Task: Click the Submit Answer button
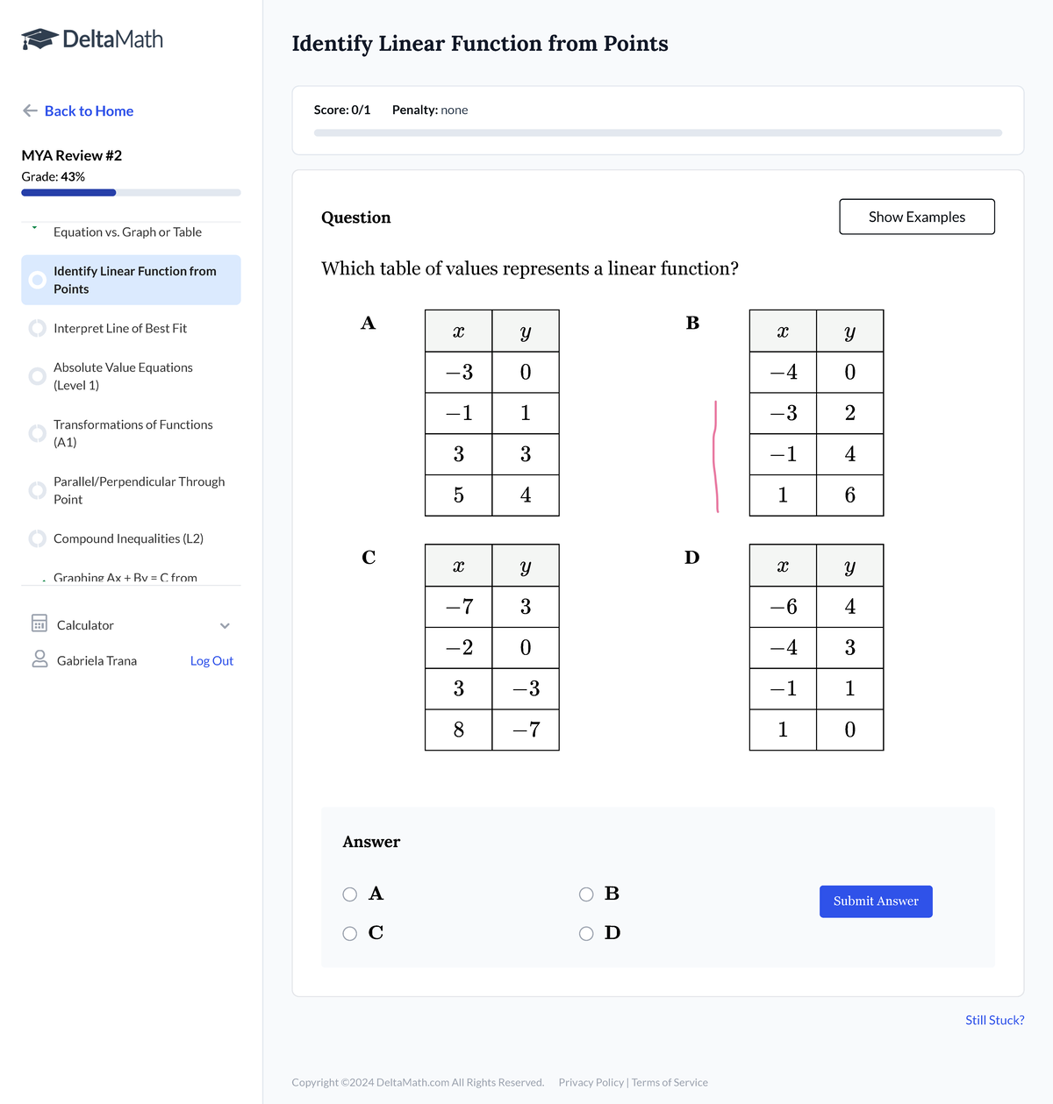(875, 901)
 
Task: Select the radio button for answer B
(586, 894)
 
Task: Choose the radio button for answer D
(586, 934)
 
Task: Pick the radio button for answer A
(350, 894)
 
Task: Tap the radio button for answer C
(350, 934)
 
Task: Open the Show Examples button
(916, 217)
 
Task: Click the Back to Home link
(89, 110)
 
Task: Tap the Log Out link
(211, 661)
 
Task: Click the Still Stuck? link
(994, 1020)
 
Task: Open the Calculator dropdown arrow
(225, 625)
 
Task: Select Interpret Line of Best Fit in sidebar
(120, 328)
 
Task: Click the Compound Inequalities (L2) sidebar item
(128, 538)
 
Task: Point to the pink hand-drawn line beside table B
(715, 456)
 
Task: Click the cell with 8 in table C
(458, 730)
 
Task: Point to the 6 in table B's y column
(849, 495)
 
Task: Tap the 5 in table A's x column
(458, 495)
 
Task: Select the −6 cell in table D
(783, 607)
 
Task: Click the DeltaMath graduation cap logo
(39, 39)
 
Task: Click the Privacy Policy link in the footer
(591, 1082)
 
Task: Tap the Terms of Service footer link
(670, 1082)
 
